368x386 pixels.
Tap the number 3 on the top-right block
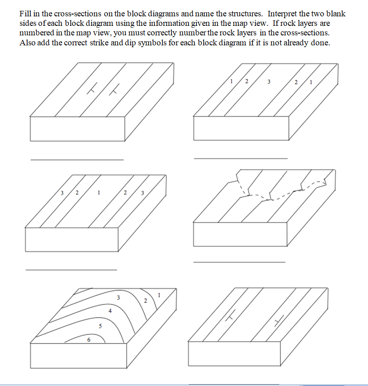(269, 82)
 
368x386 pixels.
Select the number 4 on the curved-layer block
(110, 311)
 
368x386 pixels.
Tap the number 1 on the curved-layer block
(159, 295)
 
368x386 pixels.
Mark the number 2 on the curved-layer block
(145, 301)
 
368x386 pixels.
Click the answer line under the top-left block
(77, 160)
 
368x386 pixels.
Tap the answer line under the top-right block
(240, 158)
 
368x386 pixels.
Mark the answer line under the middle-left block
(71, 270)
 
